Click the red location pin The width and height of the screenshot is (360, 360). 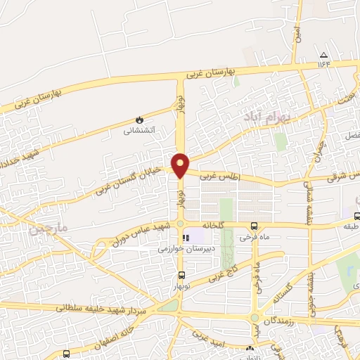tap(181, 165)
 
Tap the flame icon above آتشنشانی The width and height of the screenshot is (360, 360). tap(139, 119)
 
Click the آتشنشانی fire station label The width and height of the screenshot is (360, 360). tap(139, 130)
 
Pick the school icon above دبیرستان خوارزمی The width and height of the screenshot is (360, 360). tap(186, 238)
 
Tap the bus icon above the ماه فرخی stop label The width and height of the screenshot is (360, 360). tap(254, 226)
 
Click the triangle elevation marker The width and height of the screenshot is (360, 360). tap(323, 55)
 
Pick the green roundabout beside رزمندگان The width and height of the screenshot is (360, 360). tap(255, 318)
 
